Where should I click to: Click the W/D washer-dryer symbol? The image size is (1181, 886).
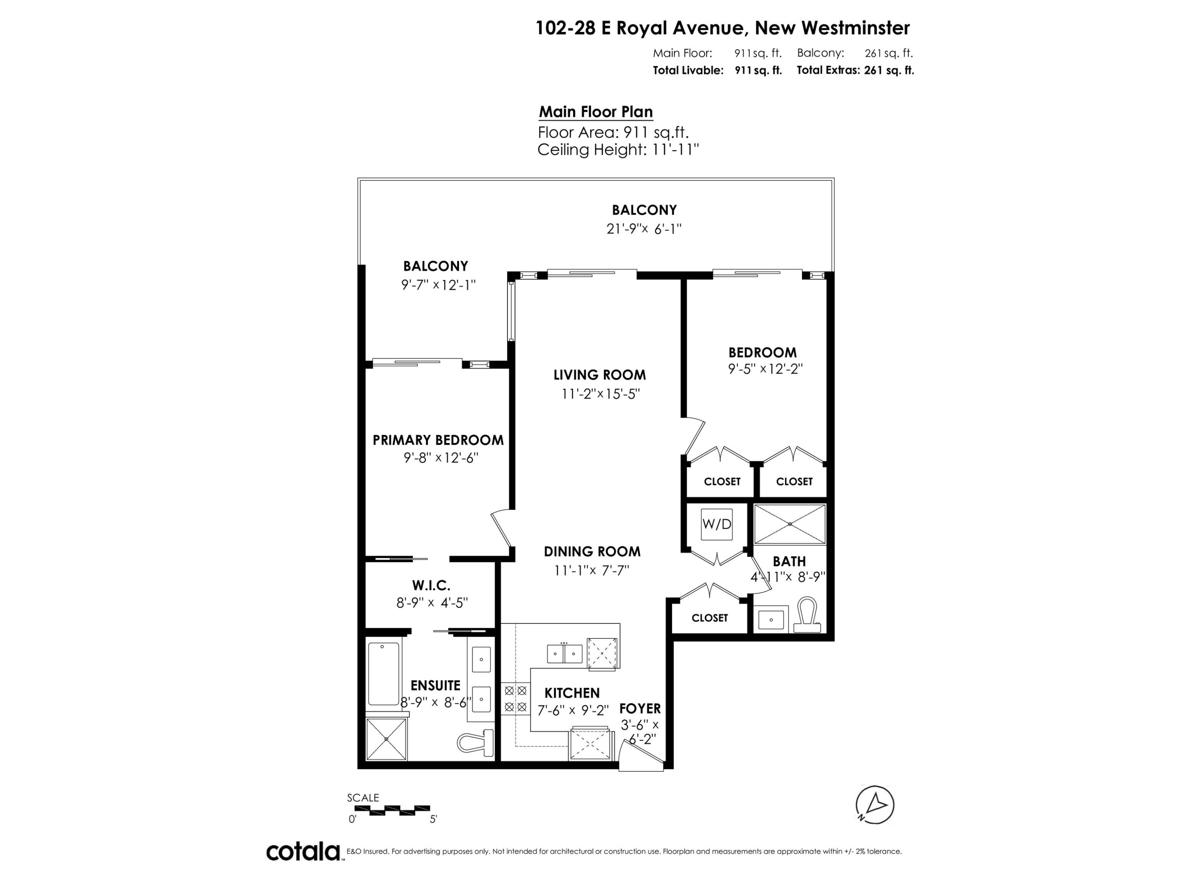tap(716, 523)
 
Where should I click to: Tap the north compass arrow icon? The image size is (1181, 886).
tap(875, 805)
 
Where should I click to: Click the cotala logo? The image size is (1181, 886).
tap(303, 851)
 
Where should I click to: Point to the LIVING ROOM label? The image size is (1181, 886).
tap(600, 375)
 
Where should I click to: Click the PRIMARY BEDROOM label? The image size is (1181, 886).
tap(438, 440)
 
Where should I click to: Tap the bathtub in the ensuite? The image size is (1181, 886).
tap(384, 674)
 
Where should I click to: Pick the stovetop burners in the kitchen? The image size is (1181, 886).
tap(515, 699)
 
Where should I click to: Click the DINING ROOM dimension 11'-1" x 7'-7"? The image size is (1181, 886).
tap(592, 570)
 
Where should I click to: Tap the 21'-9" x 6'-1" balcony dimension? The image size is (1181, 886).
tap(644, 229)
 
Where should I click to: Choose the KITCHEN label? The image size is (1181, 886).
tap(572, 693)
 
